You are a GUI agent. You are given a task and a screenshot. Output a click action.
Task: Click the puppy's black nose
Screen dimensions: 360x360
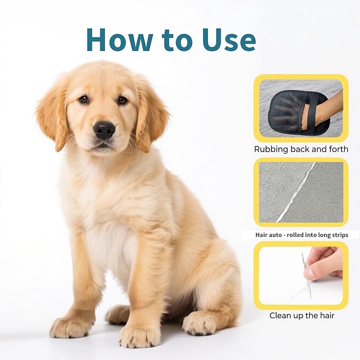pos(104,129)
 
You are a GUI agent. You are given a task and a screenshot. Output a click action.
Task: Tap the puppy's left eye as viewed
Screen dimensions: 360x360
pos(84,99)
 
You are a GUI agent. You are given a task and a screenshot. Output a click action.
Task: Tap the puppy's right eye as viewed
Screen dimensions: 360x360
pos(122,100)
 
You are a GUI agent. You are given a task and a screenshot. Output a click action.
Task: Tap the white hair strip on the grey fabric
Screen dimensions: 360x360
pos(297,191)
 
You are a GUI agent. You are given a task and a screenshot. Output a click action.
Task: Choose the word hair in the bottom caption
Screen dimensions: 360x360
pos(325,315)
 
